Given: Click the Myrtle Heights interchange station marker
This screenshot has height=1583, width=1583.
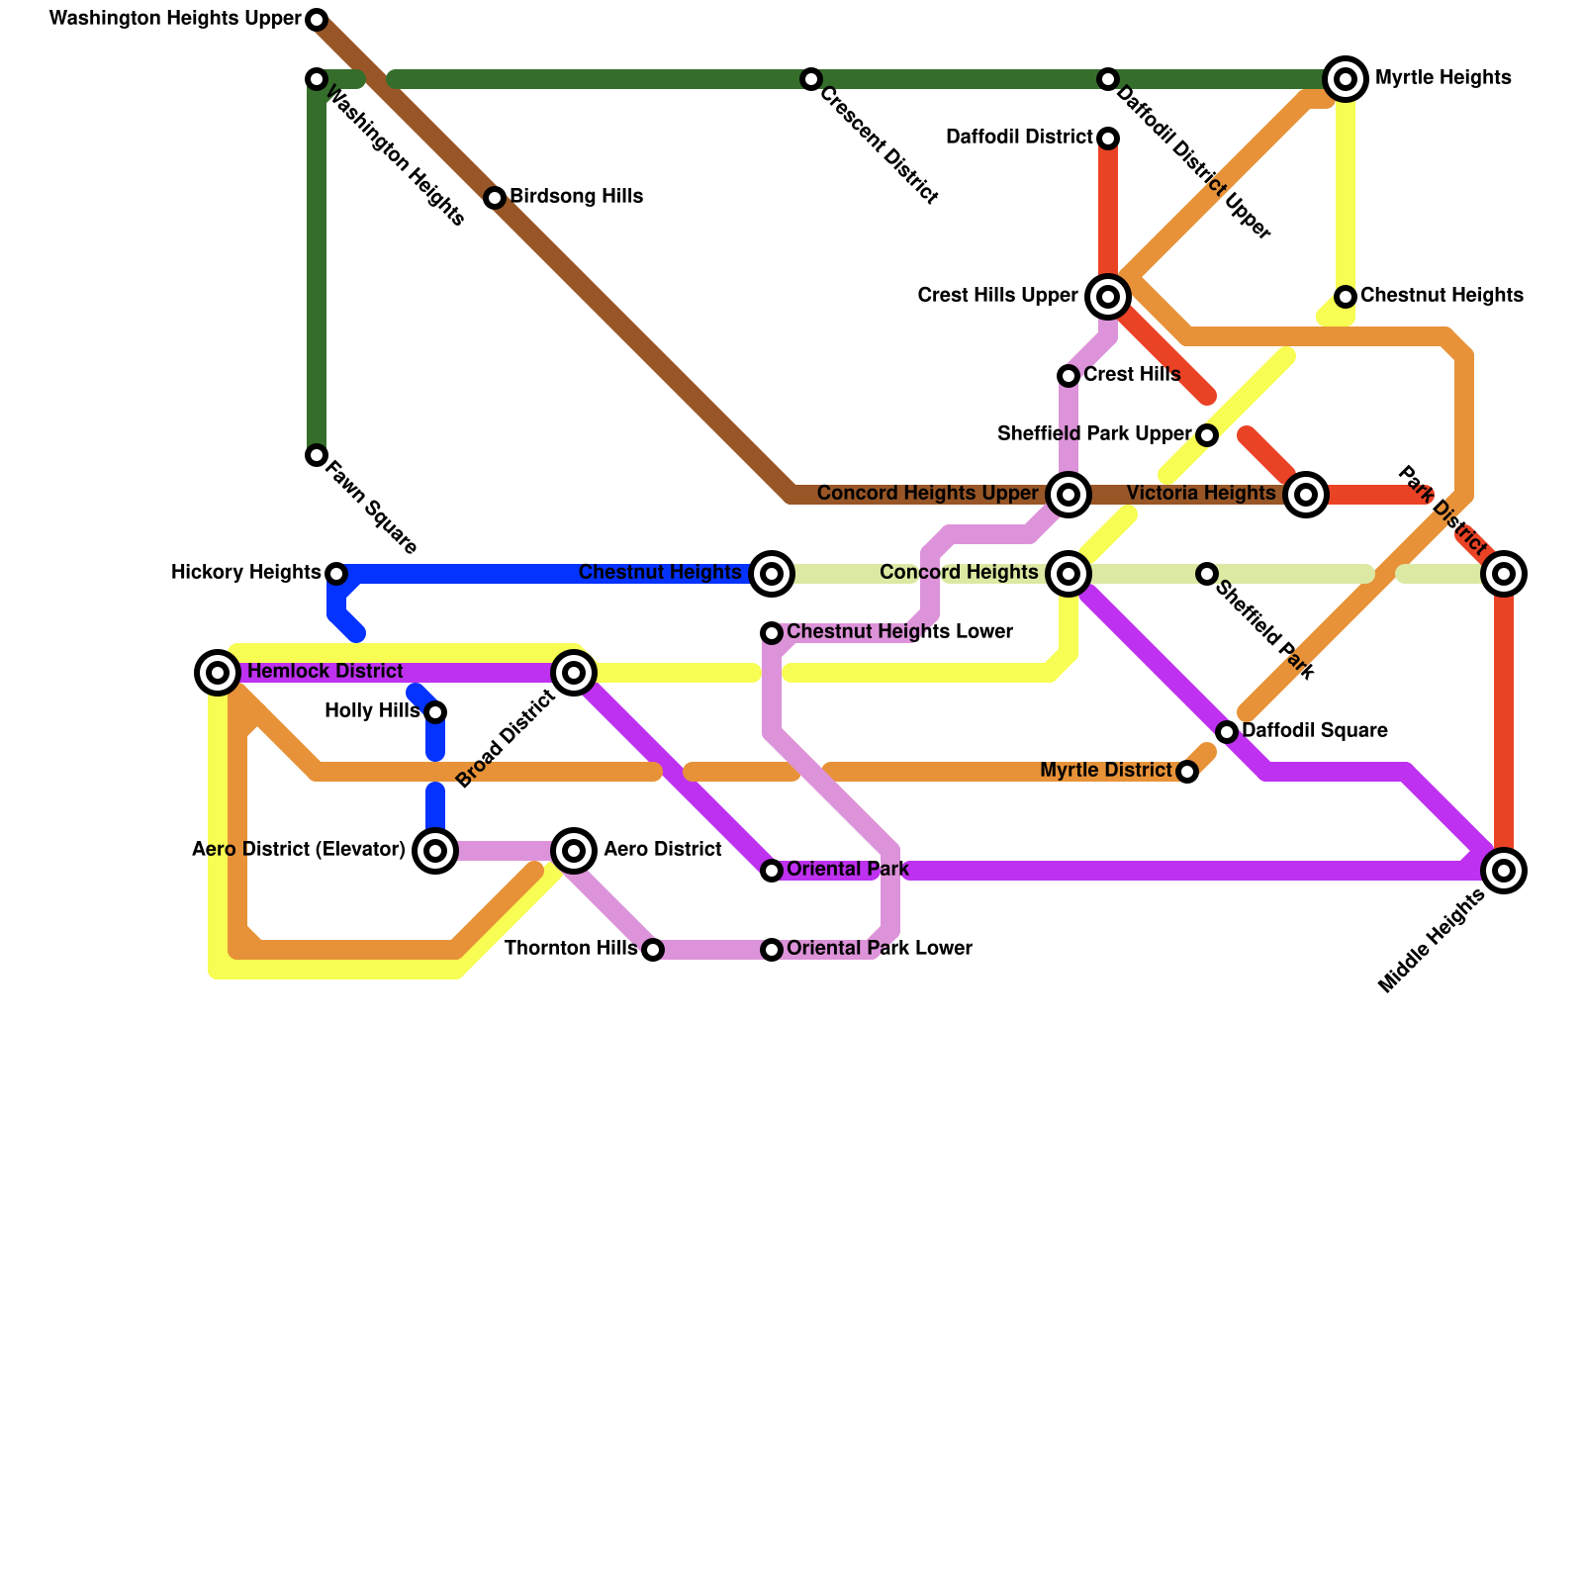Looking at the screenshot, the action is [1346, 79].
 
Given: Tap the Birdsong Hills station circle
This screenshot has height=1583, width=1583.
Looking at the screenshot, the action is [495, 198].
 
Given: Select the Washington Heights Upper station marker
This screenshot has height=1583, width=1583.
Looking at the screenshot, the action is [317, 20].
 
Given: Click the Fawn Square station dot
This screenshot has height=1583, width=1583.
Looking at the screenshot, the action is [317, 455].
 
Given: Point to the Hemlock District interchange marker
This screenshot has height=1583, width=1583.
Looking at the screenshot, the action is [218, 673].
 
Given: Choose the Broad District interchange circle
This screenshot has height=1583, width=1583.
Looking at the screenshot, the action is [574, 673].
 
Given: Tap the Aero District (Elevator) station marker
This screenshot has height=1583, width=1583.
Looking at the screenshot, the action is [435, 851].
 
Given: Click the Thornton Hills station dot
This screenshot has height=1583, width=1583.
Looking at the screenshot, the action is [653, 950].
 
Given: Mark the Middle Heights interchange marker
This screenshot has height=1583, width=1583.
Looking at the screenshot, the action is [1504, 871].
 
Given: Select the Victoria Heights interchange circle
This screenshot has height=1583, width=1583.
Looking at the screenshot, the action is [1306, 495].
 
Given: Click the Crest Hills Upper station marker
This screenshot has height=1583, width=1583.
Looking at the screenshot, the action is [1108, 296].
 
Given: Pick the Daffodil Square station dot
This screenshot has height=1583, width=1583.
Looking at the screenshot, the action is [1227, 732].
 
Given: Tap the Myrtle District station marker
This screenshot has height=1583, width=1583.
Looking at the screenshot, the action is [1187, 772].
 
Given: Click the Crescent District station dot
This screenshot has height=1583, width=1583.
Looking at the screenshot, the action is [811, 79].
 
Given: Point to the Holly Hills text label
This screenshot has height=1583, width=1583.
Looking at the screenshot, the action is [372, 711].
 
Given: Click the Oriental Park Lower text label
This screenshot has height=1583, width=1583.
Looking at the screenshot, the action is [880, 949].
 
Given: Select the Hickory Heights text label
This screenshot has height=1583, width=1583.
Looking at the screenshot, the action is [245, 573].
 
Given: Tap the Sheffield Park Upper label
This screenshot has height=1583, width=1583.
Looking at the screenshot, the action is [1094, 434].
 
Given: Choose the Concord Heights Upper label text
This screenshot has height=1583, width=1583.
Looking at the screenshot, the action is [927, 494].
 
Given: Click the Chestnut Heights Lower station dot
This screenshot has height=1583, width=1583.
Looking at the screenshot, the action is [772, 633].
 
